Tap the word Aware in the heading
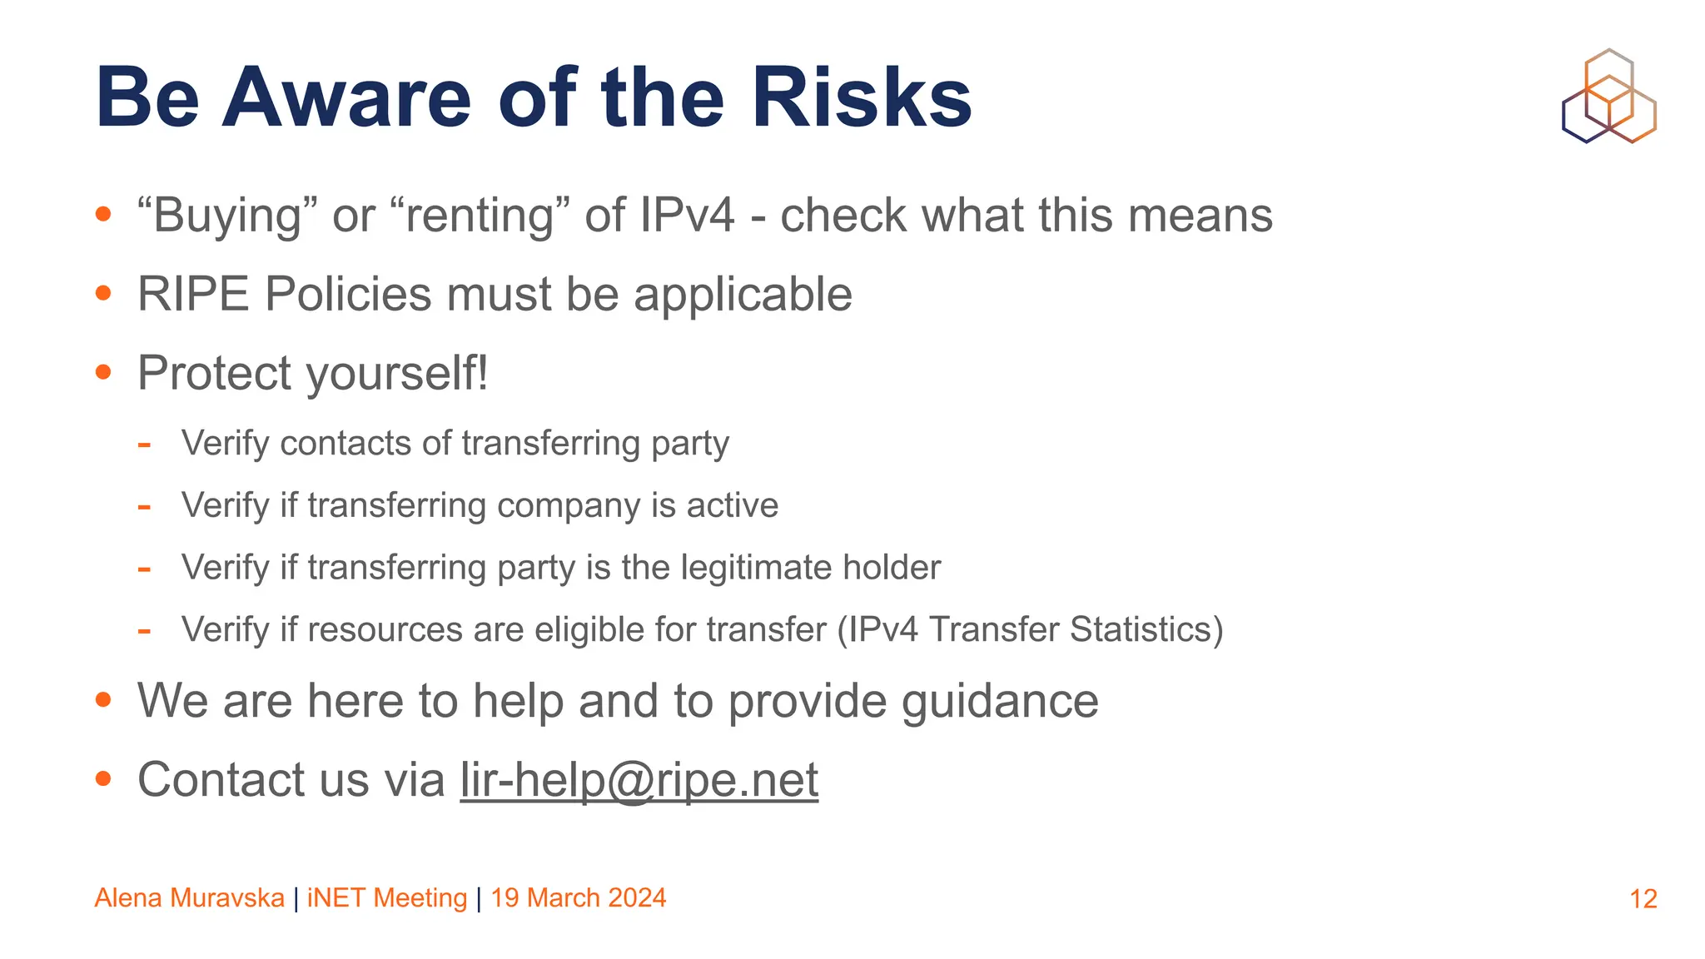click(346, 98)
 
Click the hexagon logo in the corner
click(1608, 96)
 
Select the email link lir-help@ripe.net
click(639, 780)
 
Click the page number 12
click(1643, 899)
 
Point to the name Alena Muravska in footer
click(190, 898)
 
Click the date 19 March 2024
click(578, 898)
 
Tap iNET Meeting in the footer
click(387, 898)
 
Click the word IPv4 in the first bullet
click(688, 216)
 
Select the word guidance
click(1000, 701)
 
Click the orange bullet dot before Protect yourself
click(103, 372)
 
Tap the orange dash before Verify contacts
click(144, 445)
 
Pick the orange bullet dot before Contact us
click(103, 779)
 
